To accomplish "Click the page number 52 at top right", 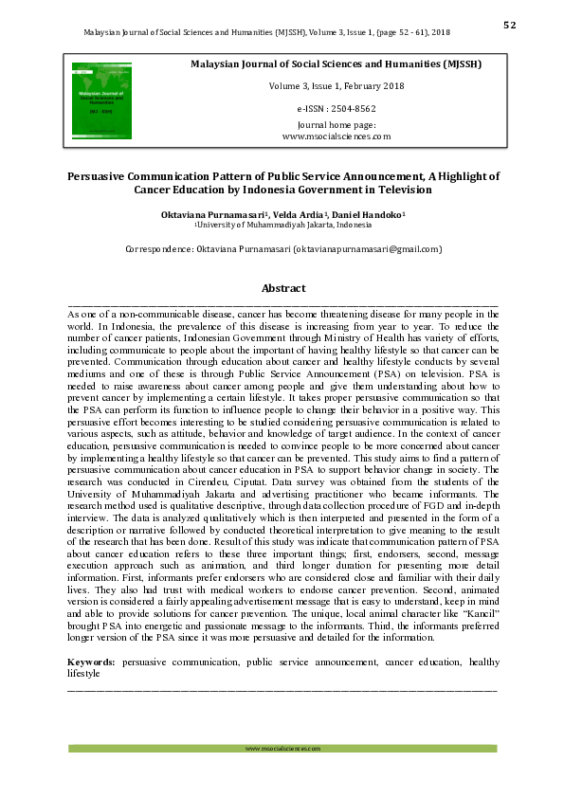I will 509,26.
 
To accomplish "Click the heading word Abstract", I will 283,288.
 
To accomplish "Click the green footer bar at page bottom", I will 282,749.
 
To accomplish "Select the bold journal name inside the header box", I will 337,64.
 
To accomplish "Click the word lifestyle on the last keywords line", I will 83,673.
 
